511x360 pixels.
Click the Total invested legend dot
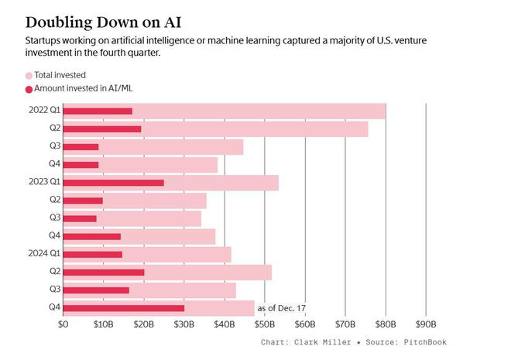point(29,75)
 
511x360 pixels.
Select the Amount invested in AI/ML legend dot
point(29,89)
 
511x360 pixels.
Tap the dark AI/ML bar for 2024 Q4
point(123,308)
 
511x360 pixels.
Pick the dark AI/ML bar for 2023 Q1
point(113,183)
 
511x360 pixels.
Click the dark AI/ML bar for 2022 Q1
point(97,111)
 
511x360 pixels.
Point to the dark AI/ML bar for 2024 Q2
point(103,273)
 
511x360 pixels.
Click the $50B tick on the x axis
point(265,323)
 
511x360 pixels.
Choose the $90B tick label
point(426,323)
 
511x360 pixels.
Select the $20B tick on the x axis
point(143,323)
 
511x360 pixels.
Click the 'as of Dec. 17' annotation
point(282,308)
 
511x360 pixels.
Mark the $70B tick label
point(345,323)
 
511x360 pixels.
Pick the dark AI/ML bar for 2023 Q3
point(79,218)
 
